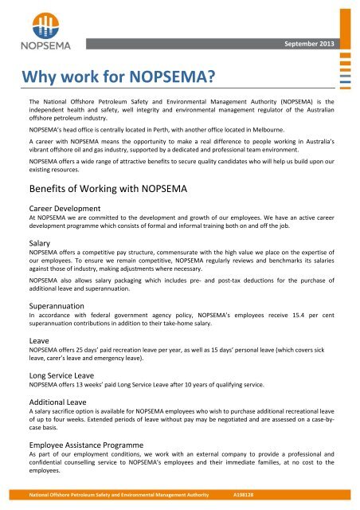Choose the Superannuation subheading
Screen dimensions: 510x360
coord(57,305)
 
